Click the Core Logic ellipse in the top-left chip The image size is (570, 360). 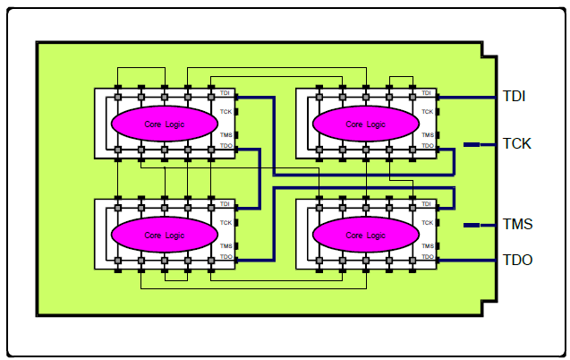click(x=164, y=124)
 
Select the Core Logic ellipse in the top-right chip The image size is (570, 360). click(x=365, y=124)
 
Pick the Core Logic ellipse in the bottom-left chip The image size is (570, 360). click(x=164, y=235)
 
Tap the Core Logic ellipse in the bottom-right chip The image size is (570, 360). click(x=365, y=235)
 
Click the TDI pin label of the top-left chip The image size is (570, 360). click(x=225, y=93)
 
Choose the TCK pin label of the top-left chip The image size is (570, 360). click(x=226, y=112)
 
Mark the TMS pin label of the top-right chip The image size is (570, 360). click(x=428, y=134)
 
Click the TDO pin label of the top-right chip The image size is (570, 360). click(x=428, y=146)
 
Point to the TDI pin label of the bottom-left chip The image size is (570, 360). click(x=225, y=204)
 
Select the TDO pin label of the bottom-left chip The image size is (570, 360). click(x=226, y=257)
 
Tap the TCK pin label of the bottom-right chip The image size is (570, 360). click(x=428, y=223)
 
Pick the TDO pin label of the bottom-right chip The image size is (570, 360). click(x=428, y=257)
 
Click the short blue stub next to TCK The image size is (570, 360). click(x=472, y=143)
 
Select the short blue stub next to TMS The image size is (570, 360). click(x=472, y=225)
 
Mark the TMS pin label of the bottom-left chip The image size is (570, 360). click(x=226, y=245)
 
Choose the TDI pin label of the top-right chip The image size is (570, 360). click(x=427, y=93)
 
